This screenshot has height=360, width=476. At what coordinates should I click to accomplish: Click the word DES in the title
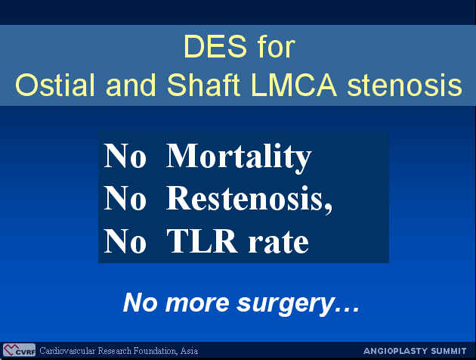pos(215,46)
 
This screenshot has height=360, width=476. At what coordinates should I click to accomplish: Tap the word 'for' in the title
pos(277,46)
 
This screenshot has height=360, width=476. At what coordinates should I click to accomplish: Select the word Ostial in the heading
pos(55,85)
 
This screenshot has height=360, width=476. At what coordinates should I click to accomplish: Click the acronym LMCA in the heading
pos(294,85)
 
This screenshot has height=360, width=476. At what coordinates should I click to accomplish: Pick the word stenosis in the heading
pos(405,85)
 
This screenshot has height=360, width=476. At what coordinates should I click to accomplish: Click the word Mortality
pos(239,157)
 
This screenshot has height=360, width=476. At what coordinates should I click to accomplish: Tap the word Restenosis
pos(249,199)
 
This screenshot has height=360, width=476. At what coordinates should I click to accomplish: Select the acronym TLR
pos(202,241)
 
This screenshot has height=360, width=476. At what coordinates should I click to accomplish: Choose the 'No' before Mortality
pos(125,156)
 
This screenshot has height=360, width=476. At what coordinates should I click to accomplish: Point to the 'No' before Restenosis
pos(125,197)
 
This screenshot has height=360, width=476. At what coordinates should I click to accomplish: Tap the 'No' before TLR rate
pos(125,241)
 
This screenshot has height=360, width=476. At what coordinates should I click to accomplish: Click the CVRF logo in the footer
pos(19,350)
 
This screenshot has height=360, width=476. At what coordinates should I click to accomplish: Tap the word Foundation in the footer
pos(155,351)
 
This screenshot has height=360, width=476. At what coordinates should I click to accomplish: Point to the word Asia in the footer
pos(189,351)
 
